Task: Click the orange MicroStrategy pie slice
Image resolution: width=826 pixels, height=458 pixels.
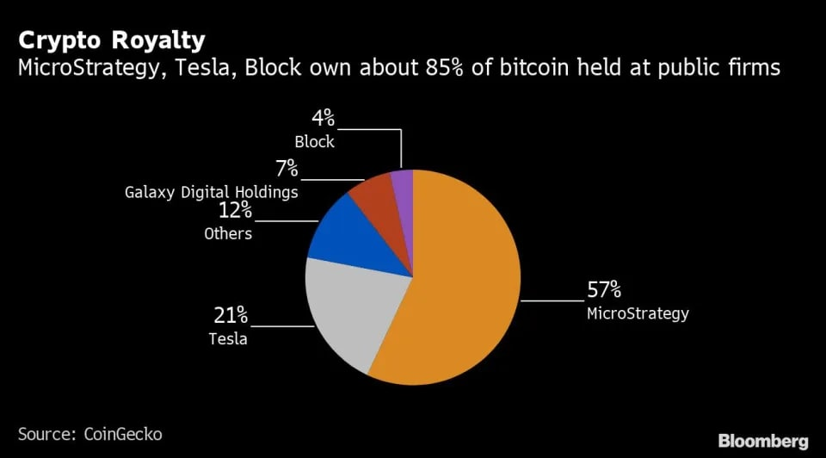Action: tap(459, 285)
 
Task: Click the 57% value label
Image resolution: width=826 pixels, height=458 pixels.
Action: tap(604, 290)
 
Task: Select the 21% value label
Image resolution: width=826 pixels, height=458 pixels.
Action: tap(231, 316)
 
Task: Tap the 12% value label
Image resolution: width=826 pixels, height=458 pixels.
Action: tap(235, 210)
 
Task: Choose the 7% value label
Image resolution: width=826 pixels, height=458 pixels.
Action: tap(287, 169)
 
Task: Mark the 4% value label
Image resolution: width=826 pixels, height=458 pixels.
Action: tap(323, 118)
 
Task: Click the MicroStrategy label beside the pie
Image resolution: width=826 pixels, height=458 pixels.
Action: tap(638, 313)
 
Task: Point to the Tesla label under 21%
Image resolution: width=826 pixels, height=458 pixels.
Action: tap(227, 338)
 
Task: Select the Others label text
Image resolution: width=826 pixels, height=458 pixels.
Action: tap(228, 233)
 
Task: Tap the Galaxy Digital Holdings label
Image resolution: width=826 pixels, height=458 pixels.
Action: tap(212, 192)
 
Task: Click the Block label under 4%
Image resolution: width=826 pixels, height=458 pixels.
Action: tap(315, 142)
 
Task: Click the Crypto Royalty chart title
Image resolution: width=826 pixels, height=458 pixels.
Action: tap(112, 40)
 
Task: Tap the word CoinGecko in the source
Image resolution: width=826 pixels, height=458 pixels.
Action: tap(123, 434)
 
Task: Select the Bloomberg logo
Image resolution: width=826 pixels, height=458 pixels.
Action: tap(763, 441)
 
